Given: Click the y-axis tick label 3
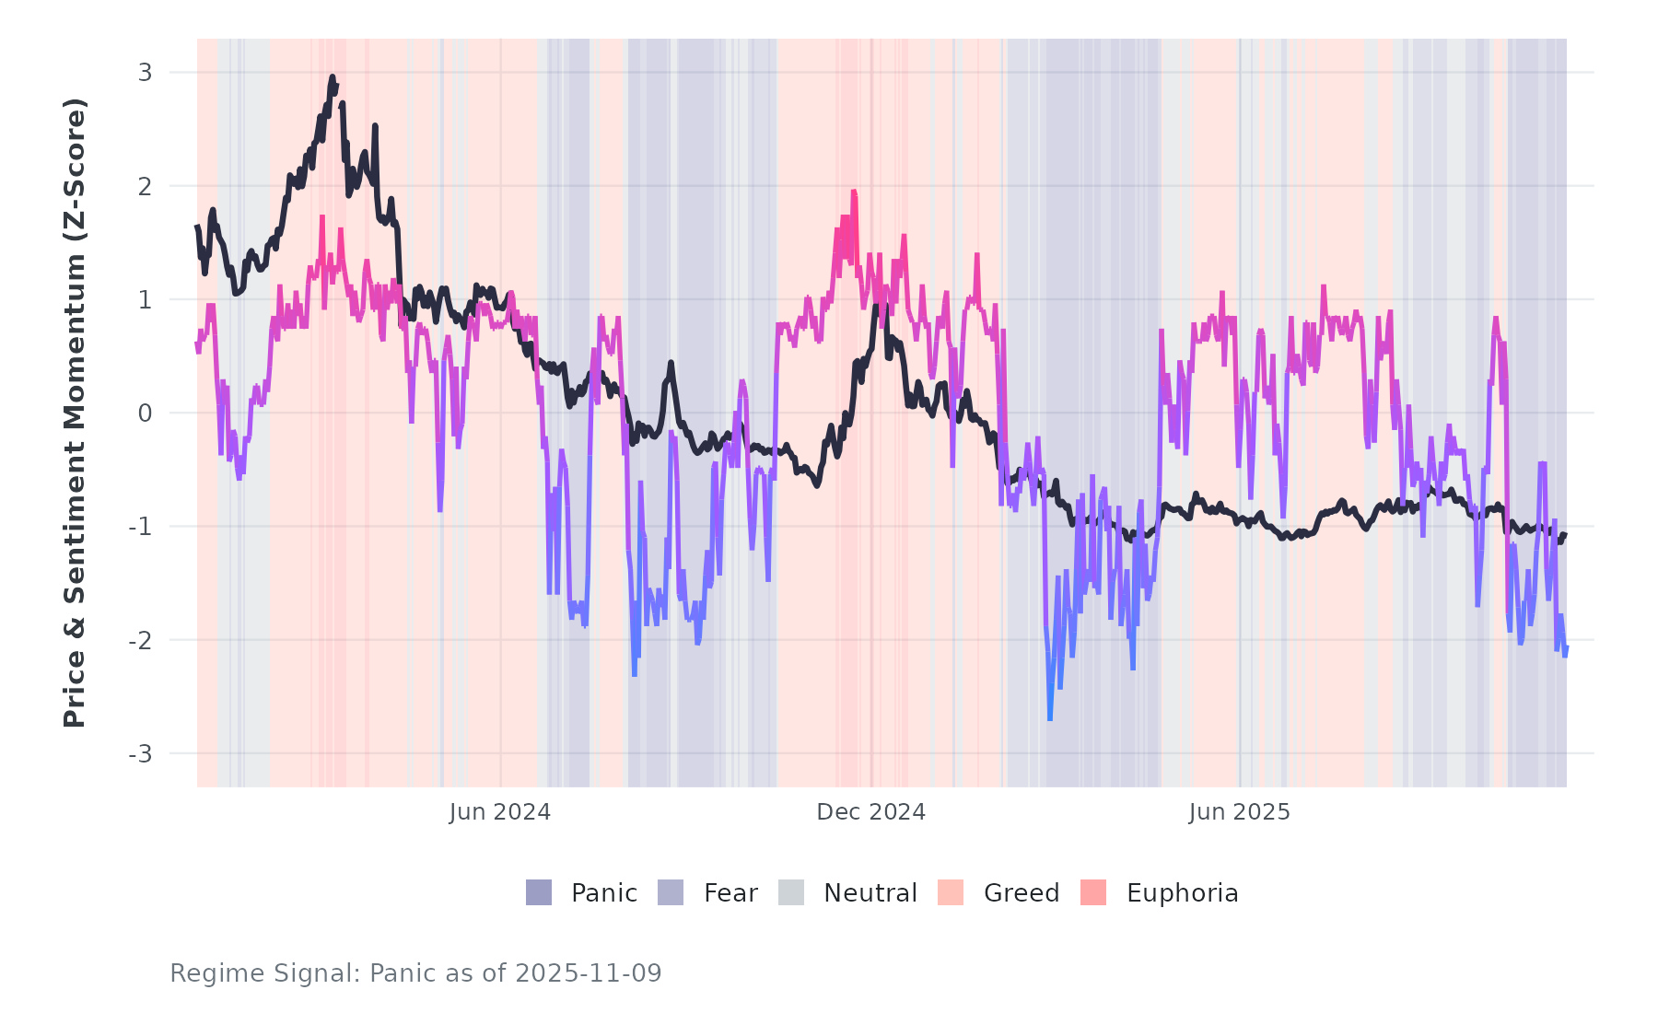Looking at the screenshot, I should (145, 73).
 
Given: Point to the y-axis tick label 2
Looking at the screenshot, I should (145, 186).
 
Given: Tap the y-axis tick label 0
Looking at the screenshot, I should (145, 413).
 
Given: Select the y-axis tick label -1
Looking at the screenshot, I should (141, 527).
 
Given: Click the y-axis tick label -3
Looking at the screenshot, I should (141, 754).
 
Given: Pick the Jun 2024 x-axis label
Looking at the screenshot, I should (500, 812).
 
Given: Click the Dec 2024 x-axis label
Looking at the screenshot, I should (871, 812).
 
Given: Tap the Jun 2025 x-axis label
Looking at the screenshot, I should (1240, 812).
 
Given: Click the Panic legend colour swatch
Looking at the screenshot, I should (539, 892).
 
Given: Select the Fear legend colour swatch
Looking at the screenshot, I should (671, 892).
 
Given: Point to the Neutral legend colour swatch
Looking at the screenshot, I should (791, 892).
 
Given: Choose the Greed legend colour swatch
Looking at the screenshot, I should (951, 892).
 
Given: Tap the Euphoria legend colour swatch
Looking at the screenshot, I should (1093, 892).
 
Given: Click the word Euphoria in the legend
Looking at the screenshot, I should (1182, 893).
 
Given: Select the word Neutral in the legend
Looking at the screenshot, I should (870, 893).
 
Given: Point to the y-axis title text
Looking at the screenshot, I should (75, 413).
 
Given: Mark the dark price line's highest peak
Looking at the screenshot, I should (332, 78).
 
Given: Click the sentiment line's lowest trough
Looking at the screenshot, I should (1050, 718).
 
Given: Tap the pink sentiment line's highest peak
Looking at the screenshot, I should (854, 192).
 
